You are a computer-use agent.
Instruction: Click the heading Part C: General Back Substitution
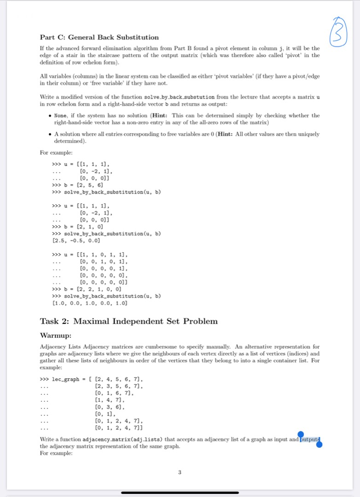[99, 37]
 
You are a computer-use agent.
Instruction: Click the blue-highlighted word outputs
[309, 439]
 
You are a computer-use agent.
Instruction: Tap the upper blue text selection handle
[301, 434]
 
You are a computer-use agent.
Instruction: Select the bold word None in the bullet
[60, 116]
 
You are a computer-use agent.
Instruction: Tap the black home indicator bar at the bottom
[180, 492]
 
